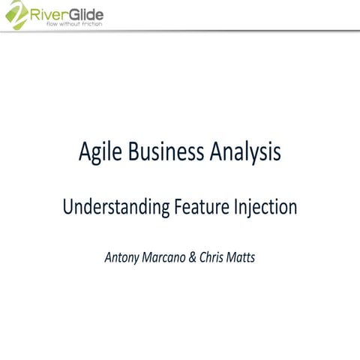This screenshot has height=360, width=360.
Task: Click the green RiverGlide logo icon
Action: tap(15, 15)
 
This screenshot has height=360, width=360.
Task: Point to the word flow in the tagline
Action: tap(53, 25)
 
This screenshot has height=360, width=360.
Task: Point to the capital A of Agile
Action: tap(85, 152)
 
